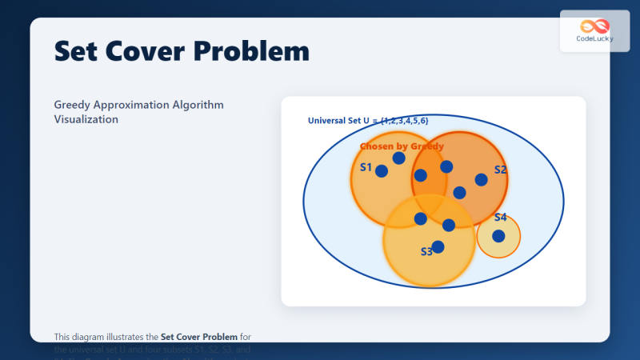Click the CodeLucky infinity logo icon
[594, 26]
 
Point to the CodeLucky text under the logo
[594, 38]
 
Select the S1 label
[366, 167]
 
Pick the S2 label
[500, 170]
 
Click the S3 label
[426, 252]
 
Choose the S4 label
[500, 218]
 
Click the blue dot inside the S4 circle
[498, 236]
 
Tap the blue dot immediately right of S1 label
[382, 171]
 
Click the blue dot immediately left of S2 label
[481, 179]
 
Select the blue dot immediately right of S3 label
[438, 247]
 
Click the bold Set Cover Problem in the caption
[198, 337]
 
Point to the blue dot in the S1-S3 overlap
[420, 218]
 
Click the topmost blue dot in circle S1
[398, 158]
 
